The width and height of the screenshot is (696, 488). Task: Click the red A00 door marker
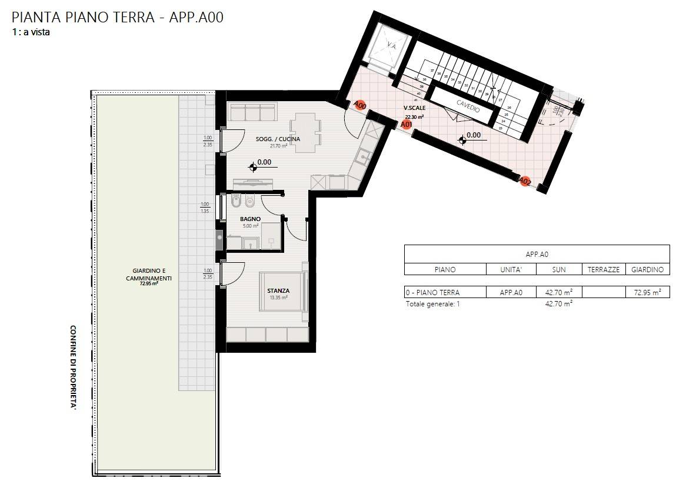[361, 105]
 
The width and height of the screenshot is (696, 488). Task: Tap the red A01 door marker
[406, 124]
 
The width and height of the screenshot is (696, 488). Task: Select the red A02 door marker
[525, 182]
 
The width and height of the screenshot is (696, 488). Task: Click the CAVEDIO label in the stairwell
[468, 105]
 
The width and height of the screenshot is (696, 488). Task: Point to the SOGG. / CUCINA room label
[278, 139]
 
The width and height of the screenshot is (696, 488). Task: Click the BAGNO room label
[250, 219]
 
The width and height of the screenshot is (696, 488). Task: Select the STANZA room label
[278, 290]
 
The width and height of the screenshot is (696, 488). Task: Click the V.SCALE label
[414, 108]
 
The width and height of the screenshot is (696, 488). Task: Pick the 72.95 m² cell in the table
[647, 292]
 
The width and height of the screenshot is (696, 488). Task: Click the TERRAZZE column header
[604, 269]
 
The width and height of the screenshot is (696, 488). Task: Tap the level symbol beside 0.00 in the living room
[254, 166]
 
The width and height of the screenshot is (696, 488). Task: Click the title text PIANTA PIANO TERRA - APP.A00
[118, 17]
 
